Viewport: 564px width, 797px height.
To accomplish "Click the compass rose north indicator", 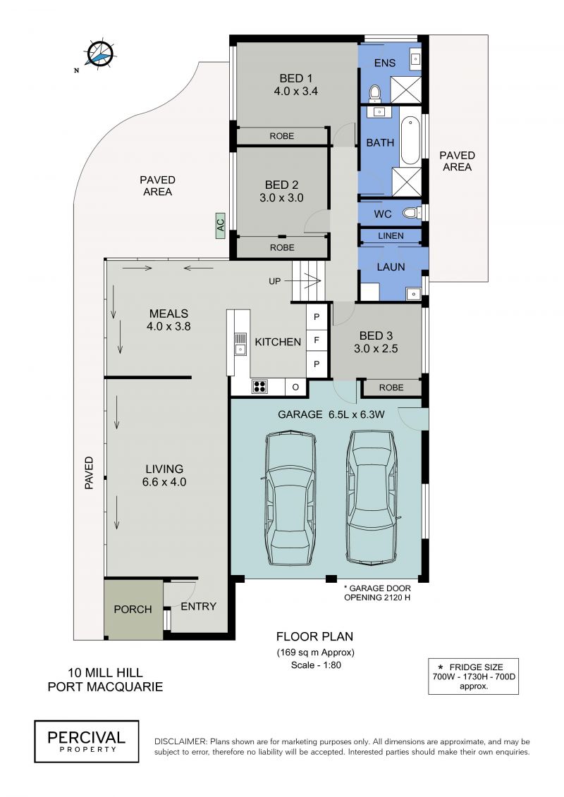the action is [99, 53].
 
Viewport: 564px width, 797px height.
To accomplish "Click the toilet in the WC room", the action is [410, 213].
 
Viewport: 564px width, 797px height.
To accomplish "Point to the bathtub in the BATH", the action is [410, 141].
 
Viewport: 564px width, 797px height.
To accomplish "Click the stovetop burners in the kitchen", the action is [259, 386].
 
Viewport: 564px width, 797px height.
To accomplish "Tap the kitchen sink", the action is [240, 344].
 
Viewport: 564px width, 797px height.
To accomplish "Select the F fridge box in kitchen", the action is [317, 340].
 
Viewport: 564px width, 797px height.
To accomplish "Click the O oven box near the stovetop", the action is [295, 387].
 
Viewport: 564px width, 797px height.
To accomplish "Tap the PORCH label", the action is [133, 609].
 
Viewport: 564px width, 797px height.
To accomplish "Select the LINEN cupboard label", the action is [391, 236].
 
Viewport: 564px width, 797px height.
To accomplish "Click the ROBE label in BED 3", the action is [391, 388].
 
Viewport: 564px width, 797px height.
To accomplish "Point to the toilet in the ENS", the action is [375, 93].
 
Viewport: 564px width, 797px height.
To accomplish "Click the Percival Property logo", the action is [87, 741].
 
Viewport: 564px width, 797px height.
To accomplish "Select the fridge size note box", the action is [473, 676].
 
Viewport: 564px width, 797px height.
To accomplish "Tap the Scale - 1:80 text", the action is [316, 665].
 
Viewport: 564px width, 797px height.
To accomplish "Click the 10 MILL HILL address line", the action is [105, 673].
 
